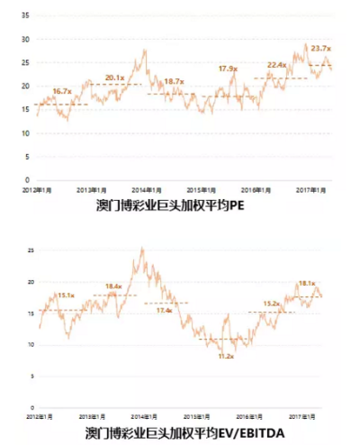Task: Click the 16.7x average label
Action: tap(62, 92)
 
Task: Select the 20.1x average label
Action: tap(115, 78)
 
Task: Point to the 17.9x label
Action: tap(228, 68)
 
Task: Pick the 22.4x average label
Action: tap(276, 65)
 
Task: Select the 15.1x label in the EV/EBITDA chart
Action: tap(66, 295)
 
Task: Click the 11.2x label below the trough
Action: tap(226, 357)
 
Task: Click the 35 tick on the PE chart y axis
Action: tap(25, 16)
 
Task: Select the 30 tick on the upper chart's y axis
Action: tap(25, 40)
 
